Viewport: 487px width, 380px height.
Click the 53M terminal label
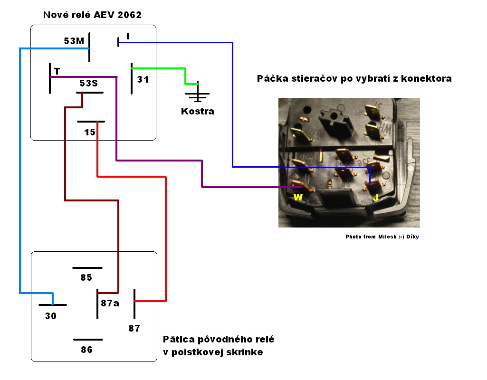tap(74, 41)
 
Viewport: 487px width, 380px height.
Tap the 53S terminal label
tap(88, 84)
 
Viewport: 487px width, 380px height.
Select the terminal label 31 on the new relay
tap(143, 80)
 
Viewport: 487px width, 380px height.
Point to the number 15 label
tap(90, 133)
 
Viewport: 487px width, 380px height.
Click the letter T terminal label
tap(57, 72)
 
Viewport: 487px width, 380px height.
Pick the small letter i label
tap(127, 36)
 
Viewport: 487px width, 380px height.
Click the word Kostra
tap(198, 112)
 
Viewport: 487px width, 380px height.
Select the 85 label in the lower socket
tap(86, 278)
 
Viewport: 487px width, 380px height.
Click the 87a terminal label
tap(110, 303)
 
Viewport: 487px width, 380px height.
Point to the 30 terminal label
tap(51, 316)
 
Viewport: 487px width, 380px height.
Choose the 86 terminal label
tap(86, 350)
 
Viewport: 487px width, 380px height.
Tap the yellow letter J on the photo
tap(375, 197)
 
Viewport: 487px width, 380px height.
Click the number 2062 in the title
tap(128, 15)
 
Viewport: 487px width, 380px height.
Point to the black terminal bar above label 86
tap(88, 340)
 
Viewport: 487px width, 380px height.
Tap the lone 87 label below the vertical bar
tap(134, 328)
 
